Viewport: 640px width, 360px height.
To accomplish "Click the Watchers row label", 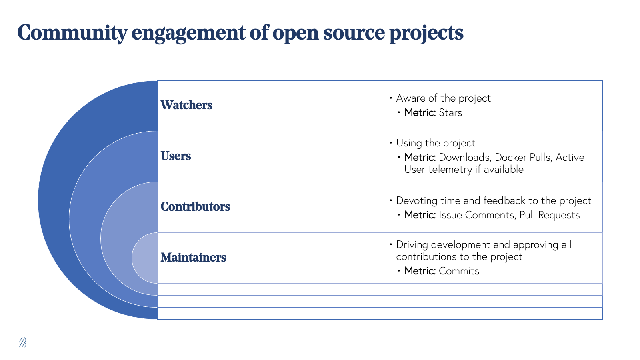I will click(x=186, y=105).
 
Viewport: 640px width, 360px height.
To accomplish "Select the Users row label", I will click(x=176, y=156).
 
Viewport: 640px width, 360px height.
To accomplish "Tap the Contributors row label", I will click(x=195, y=207).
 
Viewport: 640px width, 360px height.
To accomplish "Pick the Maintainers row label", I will click(x=193, y=258).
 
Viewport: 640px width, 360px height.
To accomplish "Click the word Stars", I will click(x=450, y=113).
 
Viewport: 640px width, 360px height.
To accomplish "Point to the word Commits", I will click(x=459, y=271).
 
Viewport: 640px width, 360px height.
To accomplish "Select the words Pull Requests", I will click(x=549, y=215).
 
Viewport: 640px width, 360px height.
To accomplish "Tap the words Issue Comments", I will click(x=476, y=215).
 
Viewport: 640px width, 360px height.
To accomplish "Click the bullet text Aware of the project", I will click(x=443, y=98).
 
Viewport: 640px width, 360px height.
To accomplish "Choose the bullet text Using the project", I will click(x=436, y=143).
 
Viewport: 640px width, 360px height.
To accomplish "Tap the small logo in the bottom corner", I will click(x=23, y=342).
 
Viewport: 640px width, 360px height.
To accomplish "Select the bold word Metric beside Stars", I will click(x=419, y=113).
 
